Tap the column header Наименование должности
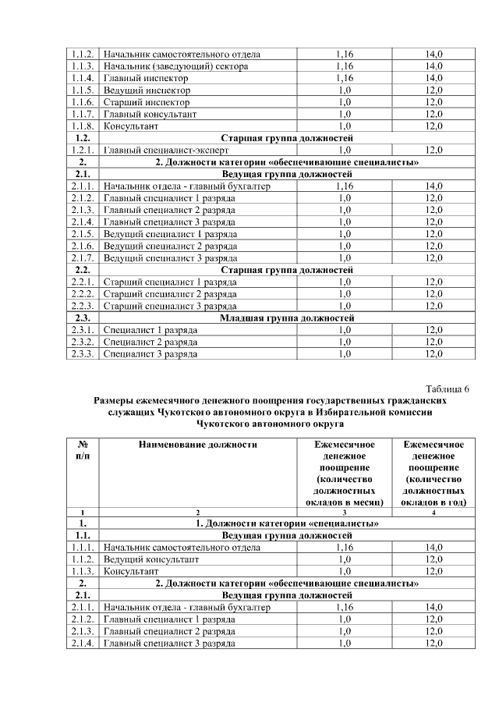[x=197, y=445]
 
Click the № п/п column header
[x=83, y=450]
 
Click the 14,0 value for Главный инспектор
[x=434, y=78]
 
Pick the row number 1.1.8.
[x=83, y=126]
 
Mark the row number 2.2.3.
[x=83, y=306]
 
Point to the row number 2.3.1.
[x=83, y=330]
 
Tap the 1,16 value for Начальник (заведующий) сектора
[x=344, y=66]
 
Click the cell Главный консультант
[x=150, y=114]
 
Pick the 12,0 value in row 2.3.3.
[x=434, y=354]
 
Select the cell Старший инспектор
[x=147, y=102]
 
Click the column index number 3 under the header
[x=344, y=513]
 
